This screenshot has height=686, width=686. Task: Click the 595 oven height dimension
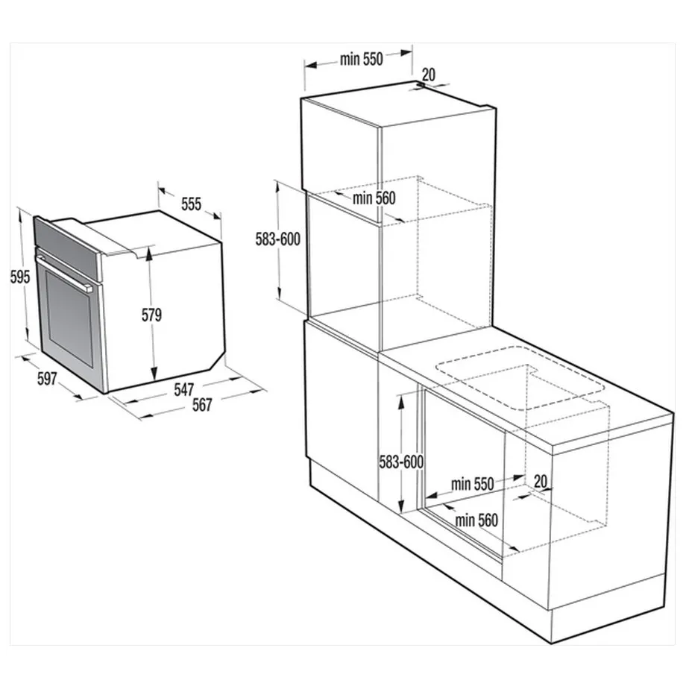point(20,277)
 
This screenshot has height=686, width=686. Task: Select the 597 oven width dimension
point(46,379)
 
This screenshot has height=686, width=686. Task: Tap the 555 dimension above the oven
point(191,204)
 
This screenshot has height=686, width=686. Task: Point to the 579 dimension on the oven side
point(151,315)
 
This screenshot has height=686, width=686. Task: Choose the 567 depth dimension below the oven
point(201,405)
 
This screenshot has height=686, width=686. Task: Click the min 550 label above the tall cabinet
point(361,60)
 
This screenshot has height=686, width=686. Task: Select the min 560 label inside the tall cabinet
point(374,198)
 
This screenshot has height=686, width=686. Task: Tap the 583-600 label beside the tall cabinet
point(277,239)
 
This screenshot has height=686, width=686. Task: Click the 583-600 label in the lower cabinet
point(400,462)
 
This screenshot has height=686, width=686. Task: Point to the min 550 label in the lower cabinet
point(472,484)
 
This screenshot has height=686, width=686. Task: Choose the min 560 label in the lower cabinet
point(476,519)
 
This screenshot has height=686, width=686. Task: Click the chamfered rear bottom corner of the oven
point(217,362)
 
